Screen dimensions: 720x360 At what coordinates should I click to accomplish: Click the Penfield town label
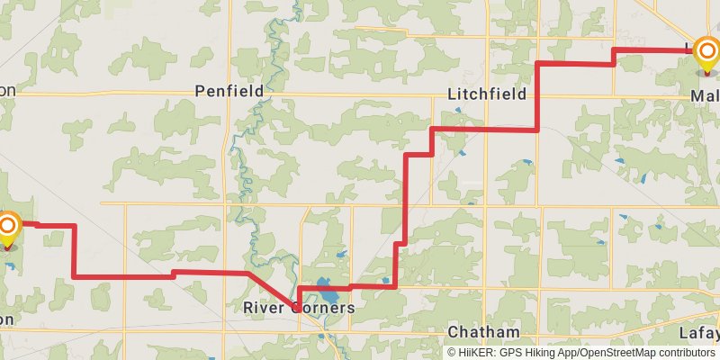[x=229, y=92]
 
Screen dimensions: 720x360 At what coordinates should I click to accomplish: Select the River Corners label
[x=299, y=308]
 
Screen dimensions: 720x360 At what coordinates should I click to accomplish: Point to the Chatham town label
[x=484, y=331]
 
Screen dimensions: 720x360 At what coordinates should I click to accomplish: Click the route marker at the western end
[x=8, y=227]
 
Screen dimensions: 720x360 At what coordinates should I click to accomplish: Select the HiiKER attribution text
[x=581, y=352]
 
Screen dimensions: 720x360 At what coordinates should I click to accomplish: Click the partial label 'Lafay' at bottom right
[x=699, y=332]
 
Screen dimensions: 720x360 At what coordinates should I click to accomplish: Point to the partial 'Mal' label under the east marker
[x=704, y=95]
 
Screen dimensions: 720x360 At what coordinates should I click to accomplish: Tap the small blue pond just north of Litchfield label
[x=458, y=111]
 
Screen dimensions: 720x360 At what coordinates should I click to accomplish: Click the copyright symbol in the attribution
[x=451, y=352]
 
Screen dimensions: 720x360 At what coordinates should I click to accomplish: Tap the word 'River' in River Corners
[x=264, y=308]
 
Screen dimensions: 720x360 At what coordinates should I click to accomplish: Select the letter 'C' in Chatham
[x=454, y=331]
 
